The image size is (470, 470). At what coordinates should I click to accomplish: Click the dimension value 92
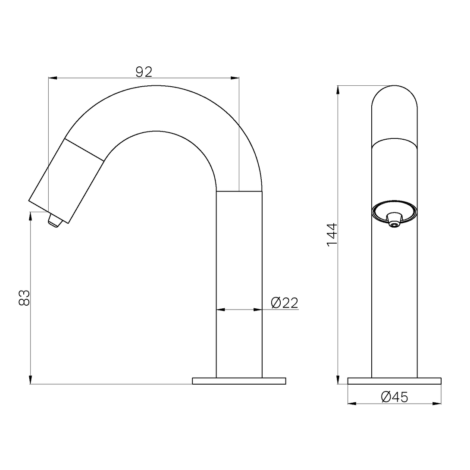click(x=144, y=72)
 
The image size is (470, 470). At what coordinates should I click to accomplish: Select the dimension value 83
click(x=25, y=298)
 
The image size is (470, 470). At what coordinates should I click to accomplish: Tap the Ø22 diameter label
click(x=285, y=303)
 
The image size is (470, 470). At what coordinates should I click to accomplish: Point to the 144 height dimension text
click(x=332, y=235)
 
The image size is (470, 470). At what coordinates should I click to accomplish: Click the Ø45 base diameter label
click(x=394, y=397)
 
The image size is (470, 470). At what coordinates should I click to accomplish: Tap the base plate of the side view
click(x=239, y=381)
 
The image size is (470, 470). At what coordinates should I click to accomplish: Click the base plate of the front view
click(x=394, y=381)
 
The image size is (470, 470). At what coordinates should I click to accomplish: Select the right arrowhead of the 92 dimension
click(x=235, y=78)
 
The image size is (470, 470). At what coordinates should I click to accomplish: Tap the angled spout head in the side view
click(x=67, y=181)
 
